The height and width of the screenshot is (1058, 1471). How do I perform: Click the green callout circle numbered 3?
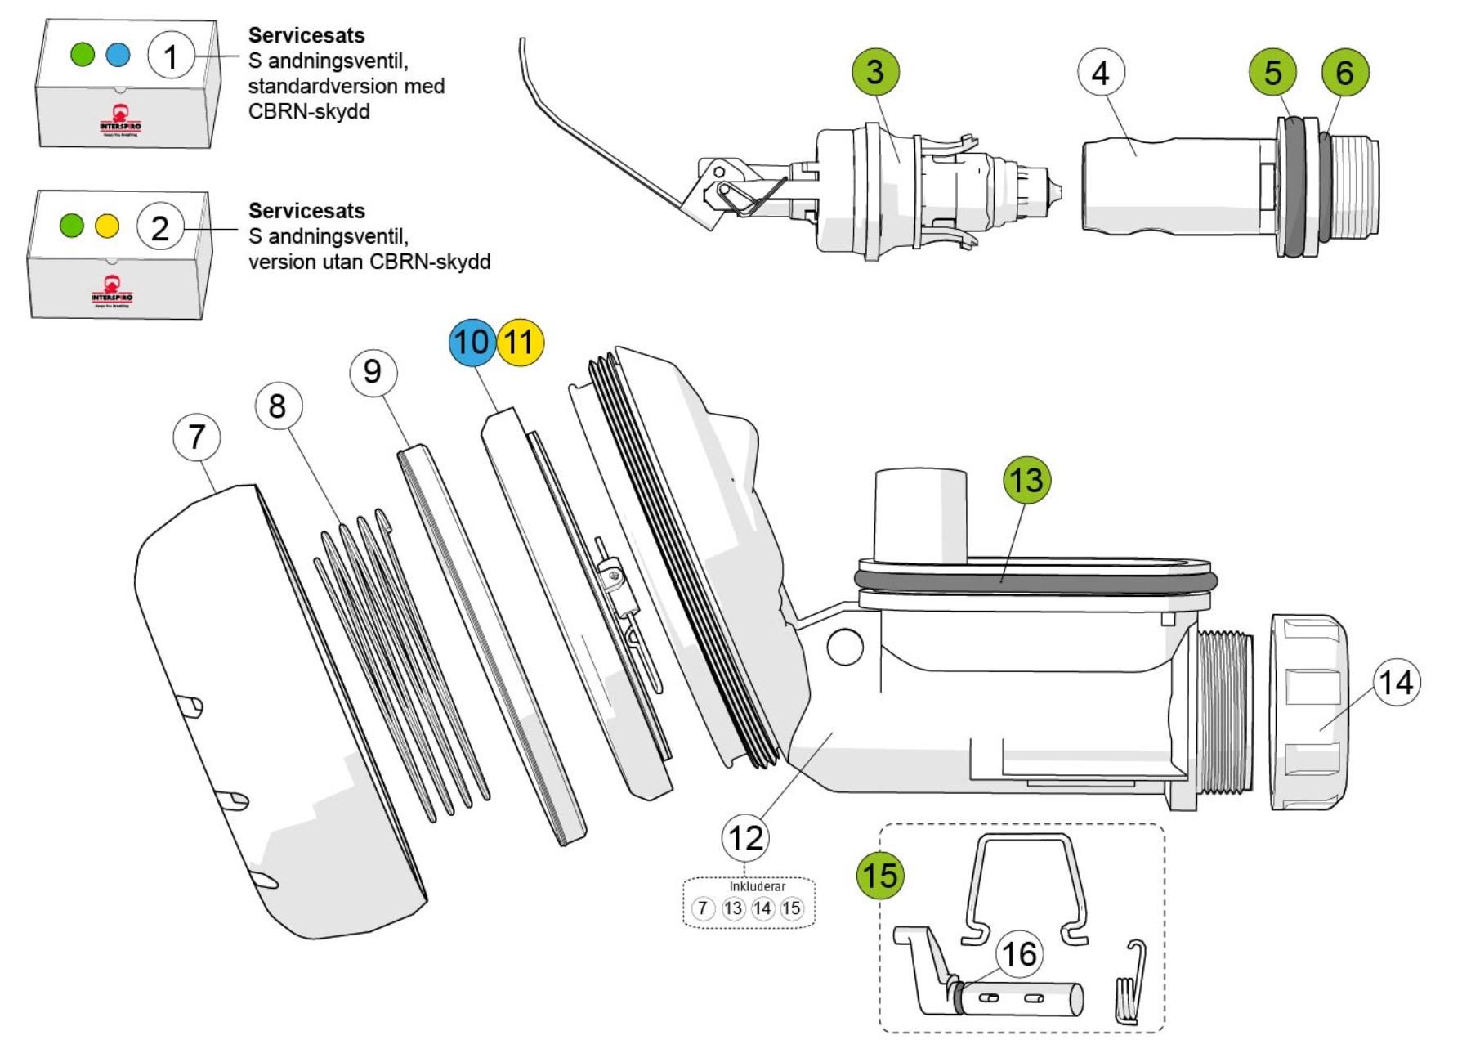(x=874, y=72)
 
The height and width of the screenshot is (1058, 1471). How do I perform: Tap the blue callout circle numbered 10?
(x=472, y=342)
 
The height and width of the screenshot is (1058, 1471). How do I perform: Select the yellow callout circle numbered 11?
(x=520, y=342)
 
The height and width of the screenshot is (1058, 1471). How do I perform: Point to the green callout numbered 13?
(x=1026, y=480)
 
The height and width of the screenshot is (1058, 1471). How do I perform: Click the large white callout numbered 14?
(x=1397, y=683)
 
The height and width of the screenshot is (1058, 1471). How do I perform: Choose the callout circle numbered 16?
(x=1019, y=954)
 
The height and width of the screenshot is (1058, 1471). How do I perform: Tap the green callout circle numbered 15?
(x=879, y=876)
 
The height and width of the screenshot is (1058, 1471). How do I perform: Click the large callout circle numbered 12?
(x=745, y=838)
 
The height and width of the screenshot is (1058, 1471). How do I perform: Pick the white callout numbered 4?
(x=1101, y=73)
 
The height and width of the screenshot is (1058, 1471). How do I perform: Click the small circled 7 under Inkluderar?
(x=703, y=908)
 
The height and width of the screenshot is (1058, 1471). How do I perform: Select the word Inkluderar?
(x=757, y=886)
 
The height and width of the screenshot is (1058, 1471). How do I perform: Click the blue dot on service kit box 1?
(x=118, y=55)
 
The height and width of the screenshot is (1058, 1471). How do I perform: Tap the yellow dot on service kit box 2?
(x=107, y=226)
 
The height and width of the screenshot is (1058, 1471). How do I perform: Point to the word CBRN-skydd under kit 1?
(x=308, y=112)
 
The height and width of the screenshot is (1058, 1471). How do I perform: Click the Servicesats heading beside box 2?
(x=306, y=211)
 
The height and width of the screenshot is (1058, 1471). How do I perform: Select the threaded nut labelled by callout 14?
(x=1308, y=712)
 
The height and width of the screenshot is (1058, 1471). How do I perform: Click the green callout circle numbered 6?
(x=1344, y=73)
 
